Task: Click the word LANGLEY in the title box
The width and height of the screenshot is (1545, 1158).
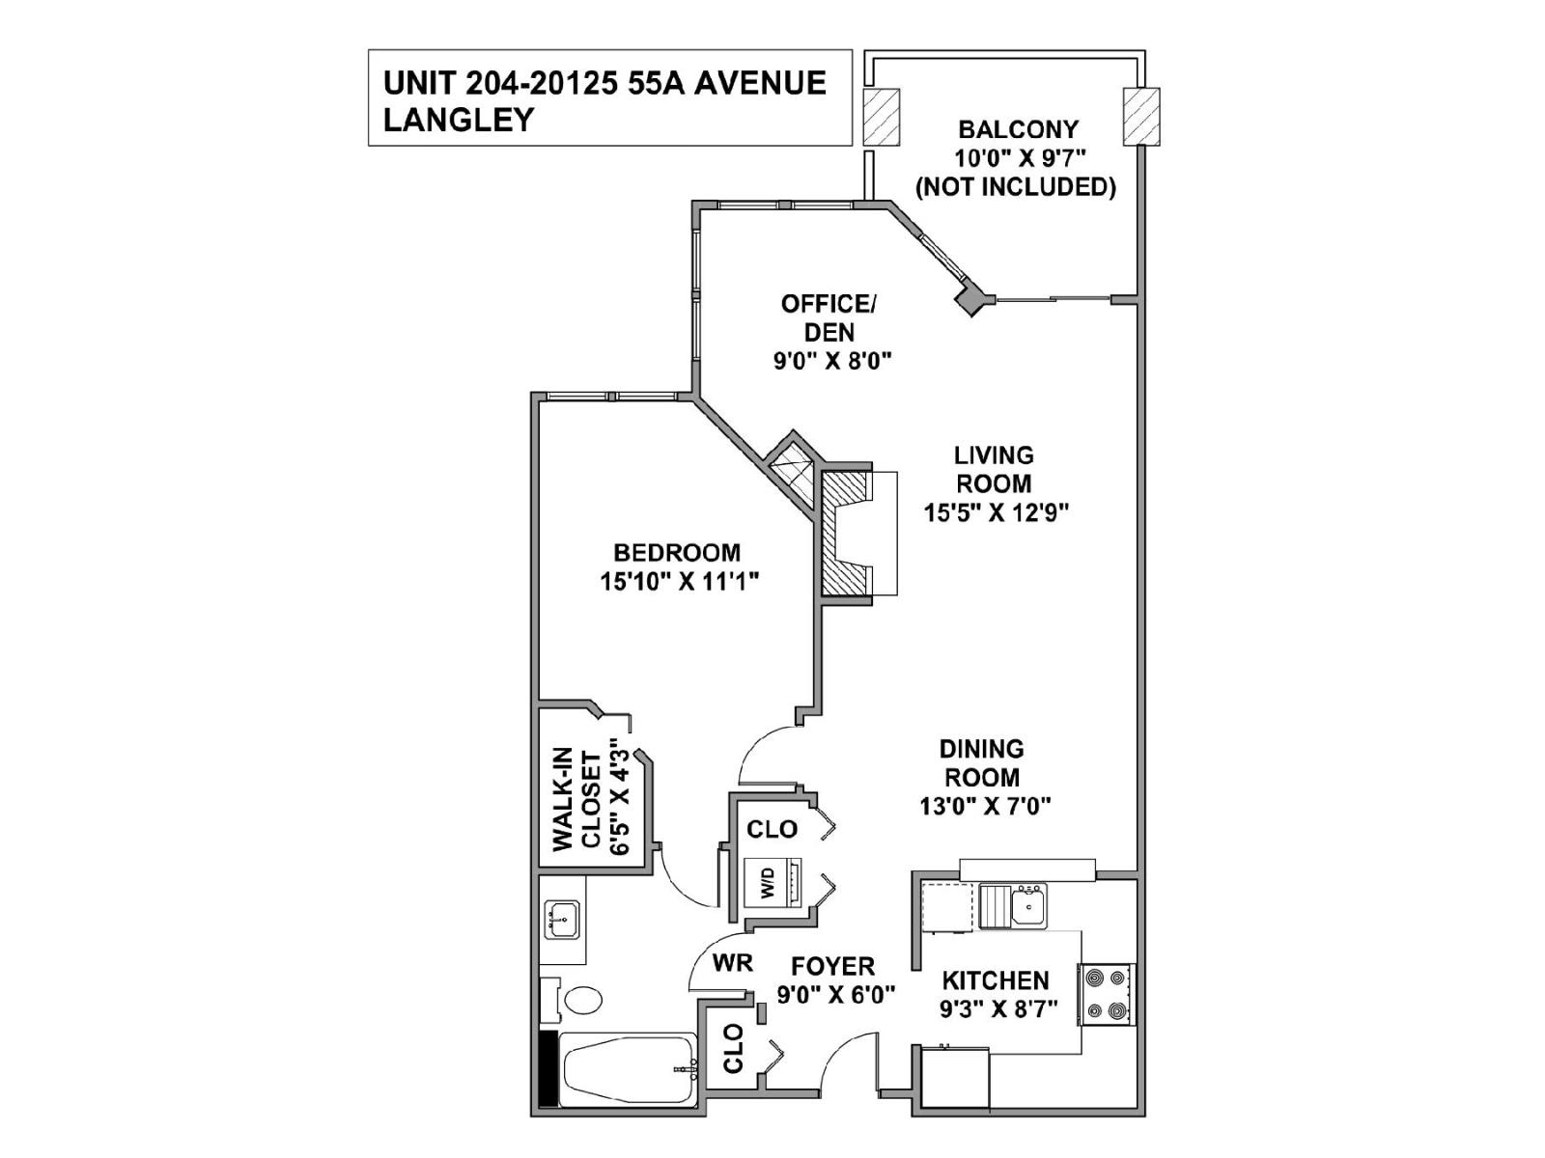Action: pyautogui.click(x=459, y=120)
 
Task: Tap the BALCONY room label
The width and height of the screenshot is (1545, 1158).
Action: pyautogui.click(x=1017, y=129)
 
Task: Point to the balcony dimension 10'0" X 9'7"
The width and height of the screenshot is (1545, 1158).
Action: pyautogui.click(x=1017, y=158)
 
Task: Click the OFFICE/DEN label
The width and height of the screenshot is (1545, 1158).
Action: pyautogui.click(x=829, y=317)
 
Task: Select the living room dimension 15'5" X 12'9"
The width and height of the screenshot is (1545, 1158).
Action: pyautogui.click(x=996, y=512)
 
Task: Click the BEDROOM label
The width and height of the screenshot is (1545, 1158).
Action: pyautogui.click(x=677, y=553)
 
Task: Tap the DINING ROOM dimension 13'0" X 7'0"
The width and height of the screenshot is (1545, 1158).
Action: pyautogui.click(x=985, y=806)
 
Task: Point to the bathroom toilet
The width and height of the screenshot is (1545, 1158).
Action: pyautogui.click(x=576, y=999)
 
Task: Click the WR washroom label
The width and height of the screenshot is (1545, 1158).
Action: pyautogui.click(x=734, y=962)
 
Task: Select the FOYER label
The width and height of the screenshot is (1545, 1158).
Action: pyautogui.click(x=832, y=967)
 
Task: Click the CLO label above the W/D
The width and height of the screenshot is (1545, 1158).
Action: pyautogui.click(x=772, y=830)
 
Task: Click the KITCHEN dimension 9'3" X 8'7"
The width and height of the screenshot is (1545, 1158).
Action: pyautogui.click(x=998, y=1009)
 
